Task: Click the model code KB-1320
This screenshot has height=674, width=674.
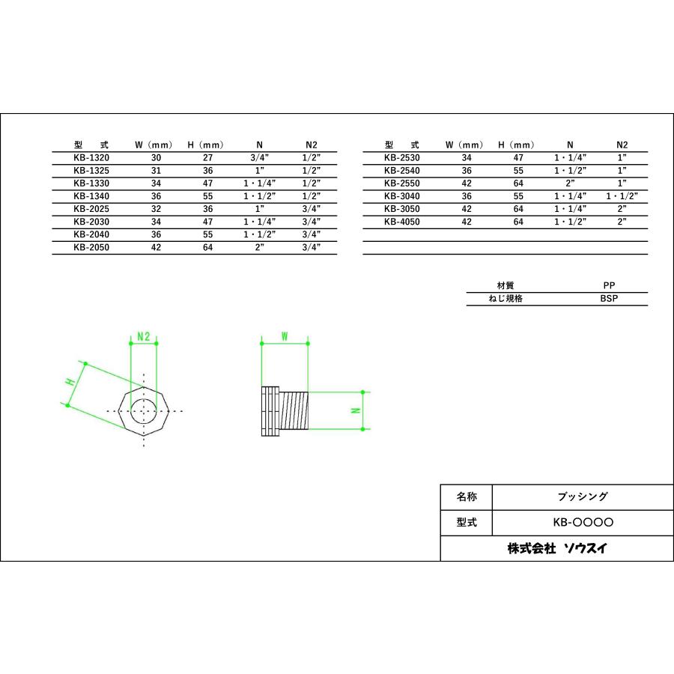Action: coord(91,158)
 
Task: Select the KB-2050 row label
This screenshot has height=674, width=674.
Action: coord(91,247)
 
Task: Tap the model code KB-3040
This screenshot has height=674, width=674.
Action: coord(402,196)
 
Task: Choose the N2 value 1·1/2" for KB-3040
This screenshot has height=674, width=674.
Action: coord(621,196)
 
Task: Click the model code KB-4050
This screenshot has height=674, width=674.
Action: coord(402,222)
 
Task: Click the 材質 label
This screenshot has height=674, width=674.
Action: coord(506,285)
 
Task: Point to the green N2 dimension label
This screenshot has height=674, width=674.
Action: coord(144,338)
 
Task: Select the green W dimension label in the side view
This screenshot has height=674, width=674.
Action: coord(285,337)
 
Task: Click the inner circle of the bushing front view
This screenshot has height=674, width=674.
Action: coord(144,410)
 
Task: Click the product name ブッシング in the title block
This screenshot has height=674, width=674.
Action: coord(583,497)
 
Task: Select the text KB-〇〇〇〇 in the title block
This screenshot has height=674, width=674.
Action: coord(583,522)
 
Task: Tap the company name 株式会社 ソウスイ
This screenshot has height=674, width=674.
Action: coord(557,548)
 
